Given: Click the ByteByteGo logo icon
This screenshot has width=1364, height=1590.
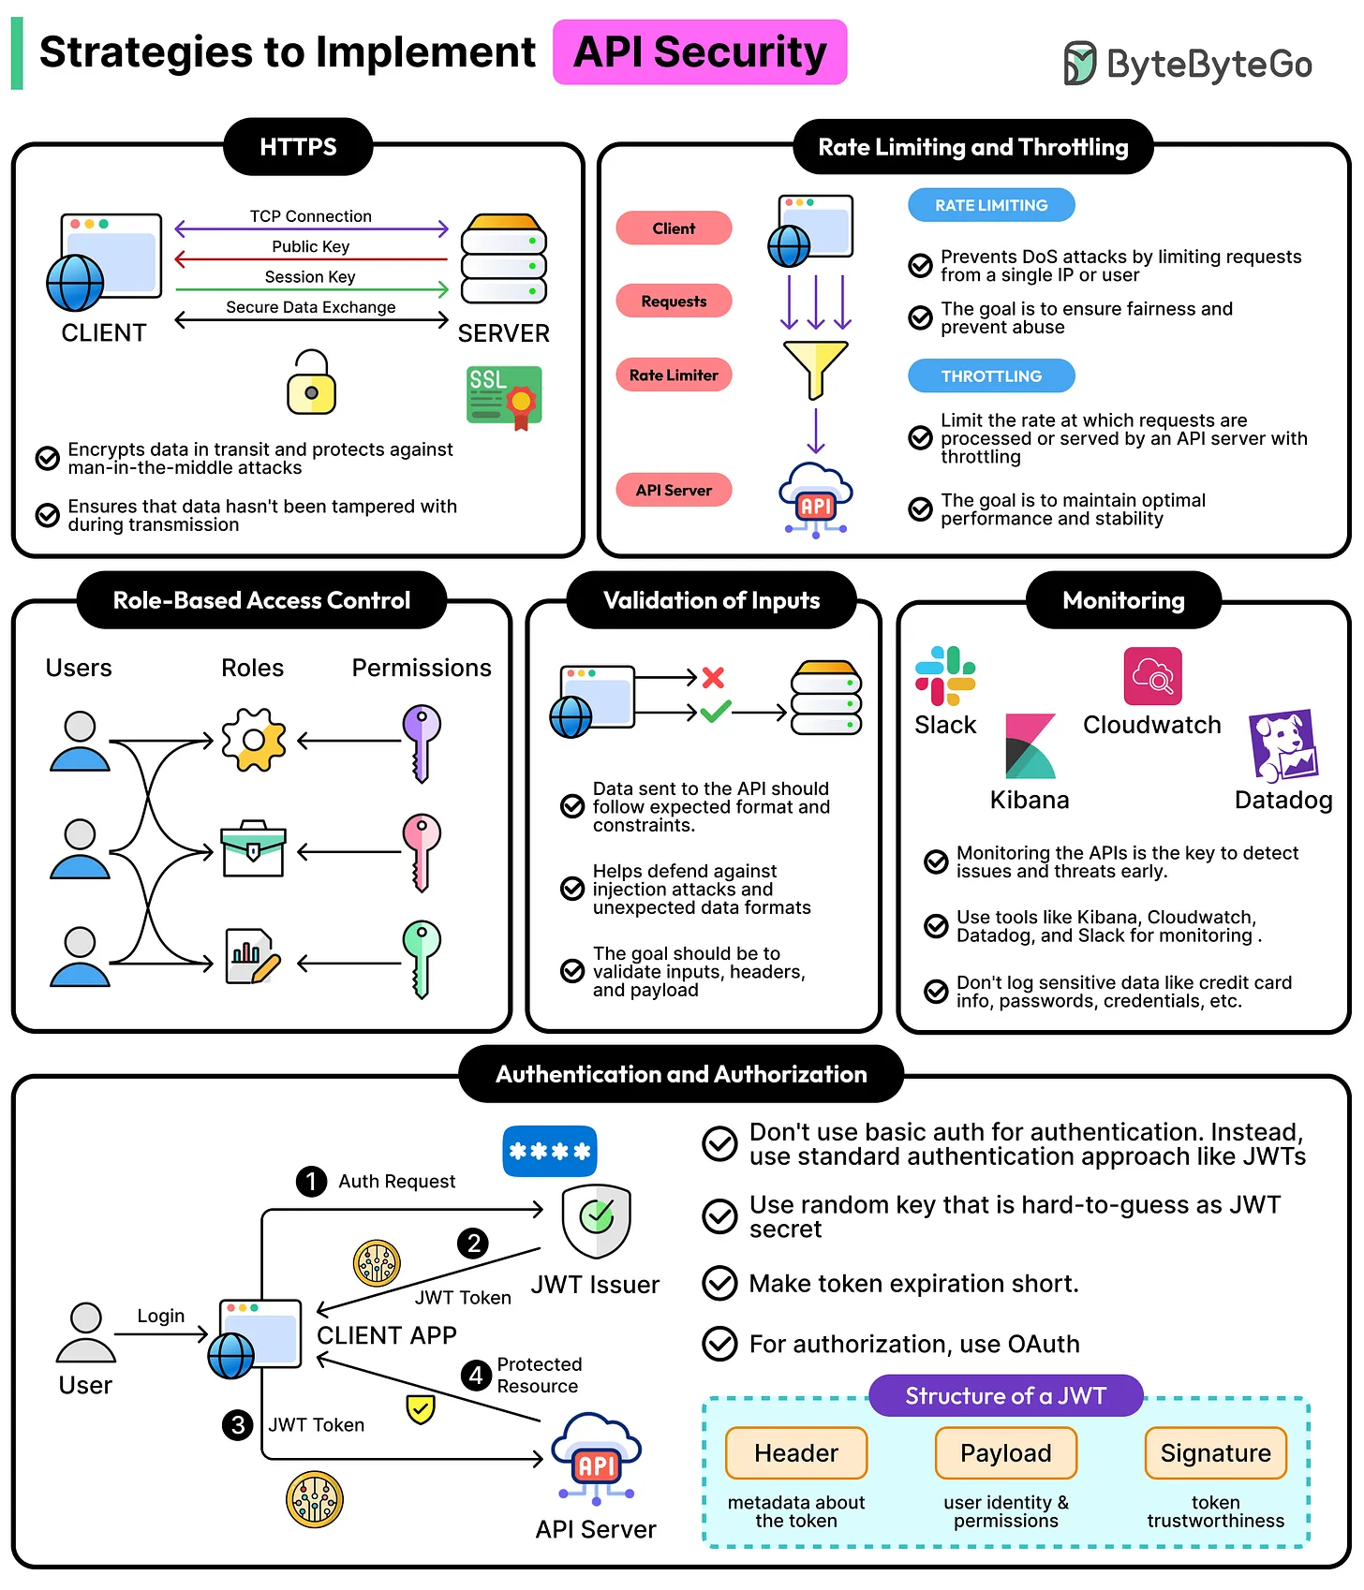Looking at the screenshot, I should click(1079, 64).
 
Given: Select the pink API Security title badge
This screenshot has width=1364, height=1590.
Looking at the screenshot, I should click(700, 52).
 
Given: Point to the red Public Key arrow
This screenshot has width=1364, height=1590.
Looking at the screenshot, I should click(311, 259).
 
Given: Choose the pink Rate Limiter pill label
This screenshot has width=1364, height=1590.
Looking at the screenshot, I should click(674, 375).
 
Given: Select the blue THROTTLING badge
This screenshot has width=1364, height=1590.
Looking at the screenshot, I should click(991, 376).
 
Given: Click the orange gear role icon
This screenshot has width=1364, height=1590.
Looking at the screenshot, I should click(253, 741).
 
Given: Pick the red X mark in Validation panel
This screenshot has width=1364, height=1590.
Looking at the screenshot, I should click(713, 677).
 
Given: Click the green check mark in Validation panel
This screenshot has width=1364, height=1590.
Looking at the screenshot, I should click(715, 712).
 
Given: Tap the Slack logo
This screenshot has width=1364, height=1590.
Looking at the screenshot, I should click(945, 675).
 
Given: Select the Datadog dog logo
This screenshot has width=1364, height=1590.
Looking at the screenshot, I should click(1283, 746).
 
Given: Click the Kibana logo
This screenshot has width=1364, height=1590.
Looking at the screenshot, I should click(1030, 746).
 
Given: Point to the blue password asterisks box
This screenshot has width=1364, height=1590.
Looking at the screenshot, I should click(550, 1151).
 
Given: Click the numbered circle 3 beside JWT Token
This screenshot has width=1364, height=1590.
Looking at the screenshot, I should click(237, 1425).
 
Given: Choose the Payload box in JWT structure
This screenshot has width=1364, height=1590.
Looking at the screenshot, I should click(1006, 1453).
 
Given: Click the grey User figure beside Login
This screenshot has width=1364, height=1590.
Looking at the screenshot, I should click(85, 1332).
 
